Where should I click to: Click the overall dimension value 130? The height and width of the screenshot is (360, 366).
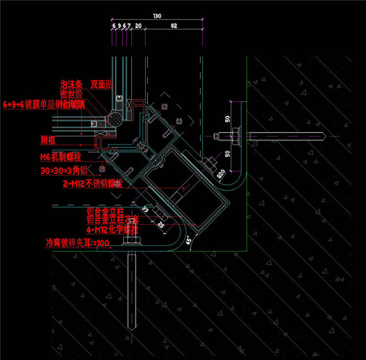pyautogui.click(x=157, y=16)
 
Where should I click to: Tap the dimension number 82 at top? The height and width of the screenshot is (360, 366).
pyautogui.click(x=173, y=26)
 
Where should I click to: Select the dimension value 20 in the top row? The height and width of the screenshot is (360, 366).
pyautogui.click(x=138, y=26)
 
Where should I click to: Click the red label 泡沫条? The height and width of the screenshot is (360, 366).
pyautogui.click(x=71, y=84)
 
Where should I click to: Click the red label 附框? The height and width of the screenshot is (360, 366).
pyautogui.click(x=48, y=140)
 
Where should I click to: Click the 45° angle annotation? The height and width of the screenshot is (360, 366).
pyautogui.click(x=188, y=240)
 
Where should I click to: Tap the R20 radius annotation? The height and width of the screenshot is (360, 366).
pyautogui.click(x=221, y=175)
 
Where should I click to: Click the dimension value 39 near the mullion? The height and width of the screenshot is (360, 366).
pyautogui.click(x=145, y=209)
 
